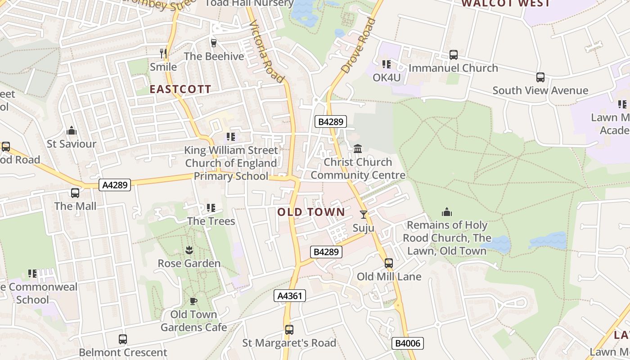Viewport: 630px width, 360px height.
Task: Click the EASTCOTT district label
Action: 180,89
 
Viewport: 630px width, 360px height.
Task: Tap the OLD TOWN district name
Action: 311,212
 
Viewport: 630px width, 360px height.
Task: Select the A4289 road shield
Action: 115,184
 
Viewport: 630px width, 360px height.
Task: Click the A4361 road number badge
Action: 290,296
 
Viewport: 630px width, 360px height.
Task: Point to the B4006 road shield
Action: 408,343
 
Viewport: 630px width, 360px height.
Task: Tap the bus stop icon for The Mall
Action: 75,193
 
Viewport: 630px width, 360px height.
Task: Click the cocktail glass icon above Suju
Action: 364,215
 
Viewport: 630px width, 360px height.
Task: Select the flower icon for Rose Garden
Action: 189,250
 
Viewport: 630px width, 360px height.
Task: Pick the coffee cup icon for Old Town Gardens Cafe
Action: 193,301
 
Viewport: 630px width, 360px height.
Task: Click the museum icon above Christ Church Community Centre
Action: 358,148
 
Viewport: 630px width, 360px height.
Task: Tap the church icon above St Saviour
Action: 72,131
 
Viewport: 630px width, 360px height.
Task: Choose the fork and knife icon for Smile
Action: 163,54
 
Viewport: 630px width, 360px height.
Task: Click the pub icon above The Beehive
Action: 214,43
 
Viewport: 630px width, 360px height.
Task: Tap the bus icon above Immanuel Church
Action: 454,55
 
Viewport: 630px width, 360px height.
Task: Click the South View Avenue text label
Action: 540,90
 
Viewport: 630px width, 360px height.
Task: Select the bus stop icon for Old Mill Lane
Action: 389,263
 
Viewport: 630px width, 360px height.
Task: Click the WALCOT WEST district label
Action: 505,4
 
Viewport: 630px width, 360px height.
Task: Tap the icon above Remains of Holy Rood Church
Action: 447,211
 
